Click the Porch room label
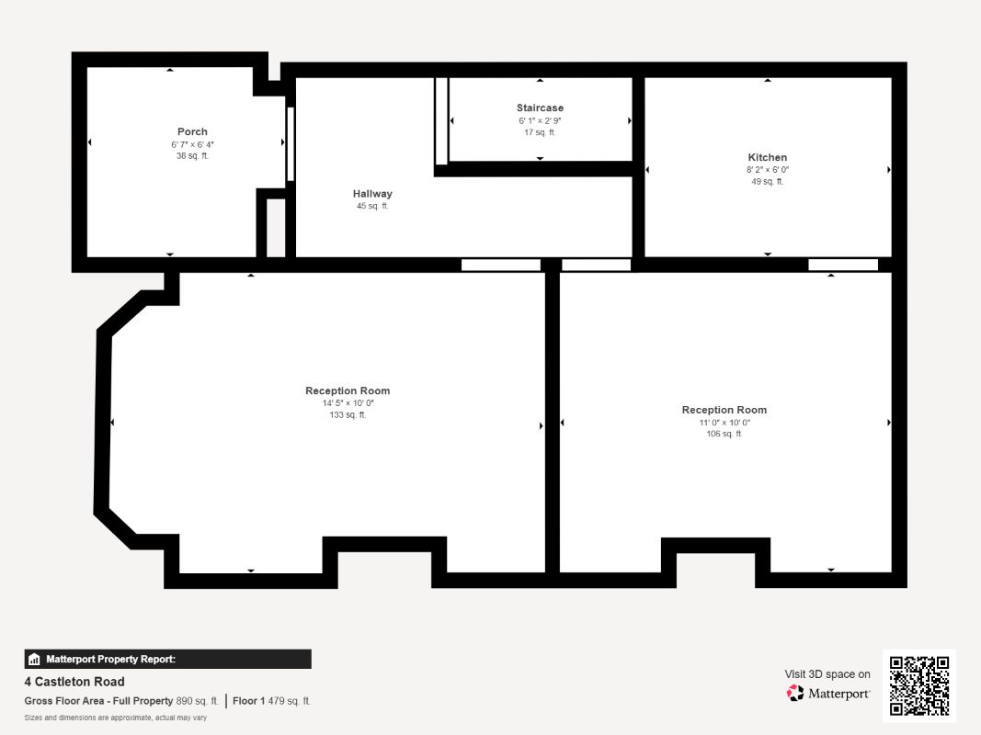(192, 132)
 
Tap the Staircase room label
(540, 108)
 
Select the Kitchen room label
(767, 157)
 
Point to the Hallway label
(372, 194)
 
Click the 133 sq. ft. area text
(348, 415)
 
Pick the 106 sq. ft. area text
(724, 434)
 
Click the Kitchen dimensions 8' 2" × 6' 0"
(767, 170)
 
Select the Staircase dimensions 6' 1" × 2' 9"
(540, 120)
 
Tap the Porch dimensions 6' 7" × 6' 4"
(192, 144)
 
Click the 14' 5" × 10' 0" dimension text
(348, 403)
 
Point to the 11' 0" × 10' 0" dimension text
(724, 423)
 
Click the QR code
(919, 685)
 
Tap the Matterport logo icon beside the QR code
(795, 693)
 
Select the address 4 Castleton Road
(74, 682)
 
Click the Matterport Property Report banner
(167, 660)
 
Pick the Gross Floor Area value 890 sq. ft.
(197, 701)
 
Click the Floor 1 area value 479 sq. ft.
(289, 701)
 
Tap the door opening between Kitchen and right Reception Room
(843, 265)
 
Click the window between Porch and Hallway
(291, 144)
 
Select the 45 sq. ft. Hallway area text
(372, 206)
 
